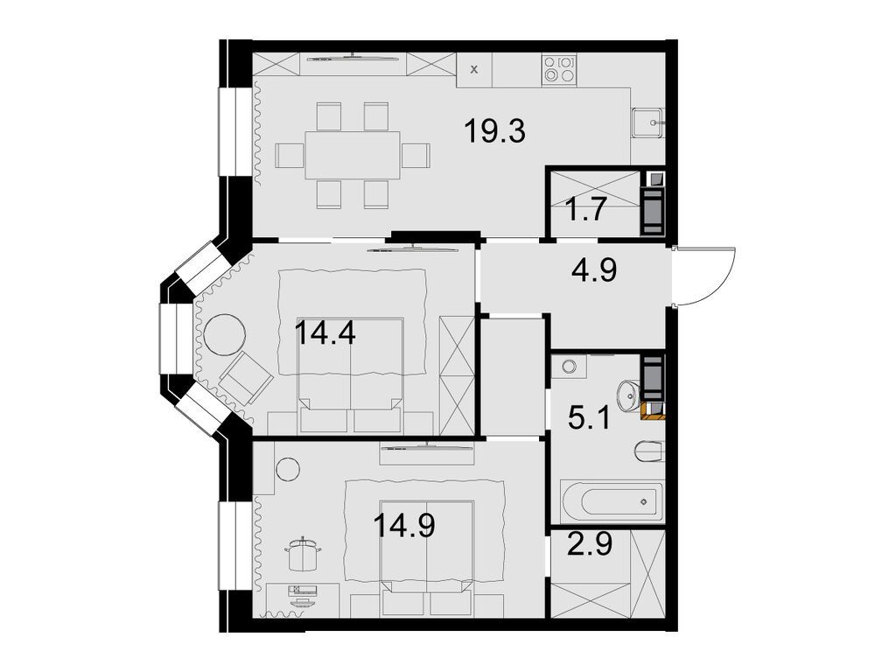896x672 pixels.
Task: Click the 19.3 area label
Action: point(494,133)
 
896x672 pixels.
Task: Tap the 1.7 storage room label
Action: point(583,212)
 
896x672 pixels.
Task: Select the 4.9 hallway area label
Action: point(594,269)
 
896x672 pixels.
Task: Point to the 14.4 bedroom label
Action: point(325,333)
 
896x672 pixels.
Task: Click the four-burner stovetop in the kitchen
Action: point(560,69)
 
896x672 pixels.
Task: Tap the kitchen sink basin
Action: point(648,124)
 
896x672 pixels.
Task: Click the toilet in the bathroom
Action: point(650,452)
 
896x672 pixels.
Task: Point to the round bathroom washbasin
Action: point(626,397)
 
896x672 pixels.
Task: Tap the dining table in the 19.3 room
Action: point(353,155)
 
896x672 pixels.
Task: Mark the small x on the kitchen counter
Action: point(474,69)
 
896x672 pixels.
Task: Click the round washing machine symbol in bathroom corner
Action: point(570,367)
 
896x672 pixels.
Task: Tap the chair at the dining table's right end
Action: point(417,156)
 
